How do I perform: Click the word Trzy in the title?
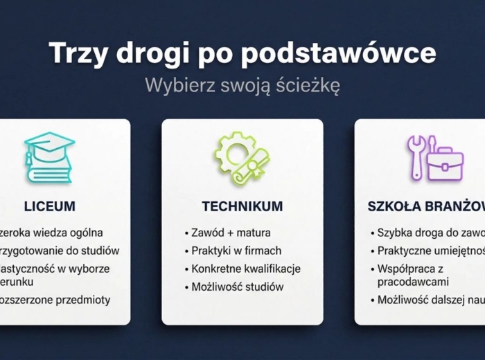pyautogui.click(x=78, y=53)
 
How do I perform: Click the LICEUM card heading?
pyautogui.click(x=49, y=206)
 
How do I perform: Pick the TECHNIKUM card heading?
pyautogui.click(x=242, y=206)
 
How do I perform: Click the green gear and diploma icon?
pyautogui.click(x=242, y=158)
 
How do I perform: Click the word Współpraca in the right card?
pyautogui.click(x=407, y=269)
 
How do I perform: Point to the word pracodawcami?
pyautogui.click(x=413, y=282)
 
